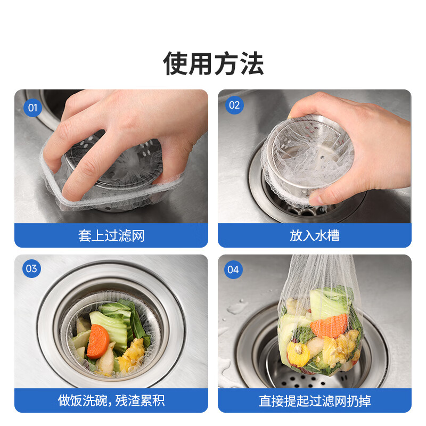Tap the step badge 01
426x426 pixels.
[x=32, y=108]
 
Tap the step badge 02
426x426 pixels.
[x=234, y=105]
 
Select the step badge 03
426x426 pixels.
[x=31, y=268]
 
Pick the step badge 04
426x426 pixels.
[x=233, y=269]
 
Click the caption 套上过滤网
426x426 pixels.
[x=111, y=235]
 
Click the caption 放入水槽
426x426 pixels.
[x=314, y=235]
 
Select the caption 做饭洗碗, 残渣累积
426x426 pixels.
[x=111, y=400]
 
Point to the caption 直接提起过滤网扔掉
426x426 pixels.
[x=314, y=400]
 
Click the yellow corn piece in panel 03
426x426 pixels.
[x=131, y=356]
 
